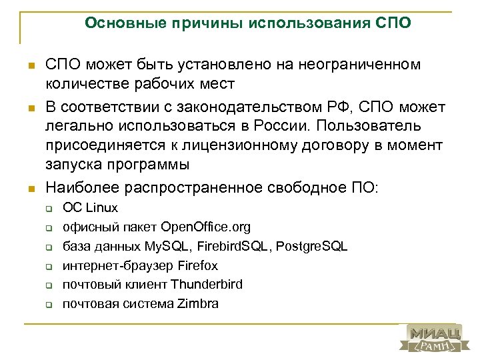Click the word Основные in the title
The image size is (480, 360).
tap(116, 24)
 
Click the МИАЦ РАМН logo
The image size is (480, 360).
tap(434, 339)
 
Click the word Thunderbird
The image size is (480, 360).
tap(207, 285)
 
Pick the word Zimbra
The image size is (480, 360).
tap(198, 303)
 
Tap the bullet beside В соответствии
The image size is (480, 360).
tap(31, 107)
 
